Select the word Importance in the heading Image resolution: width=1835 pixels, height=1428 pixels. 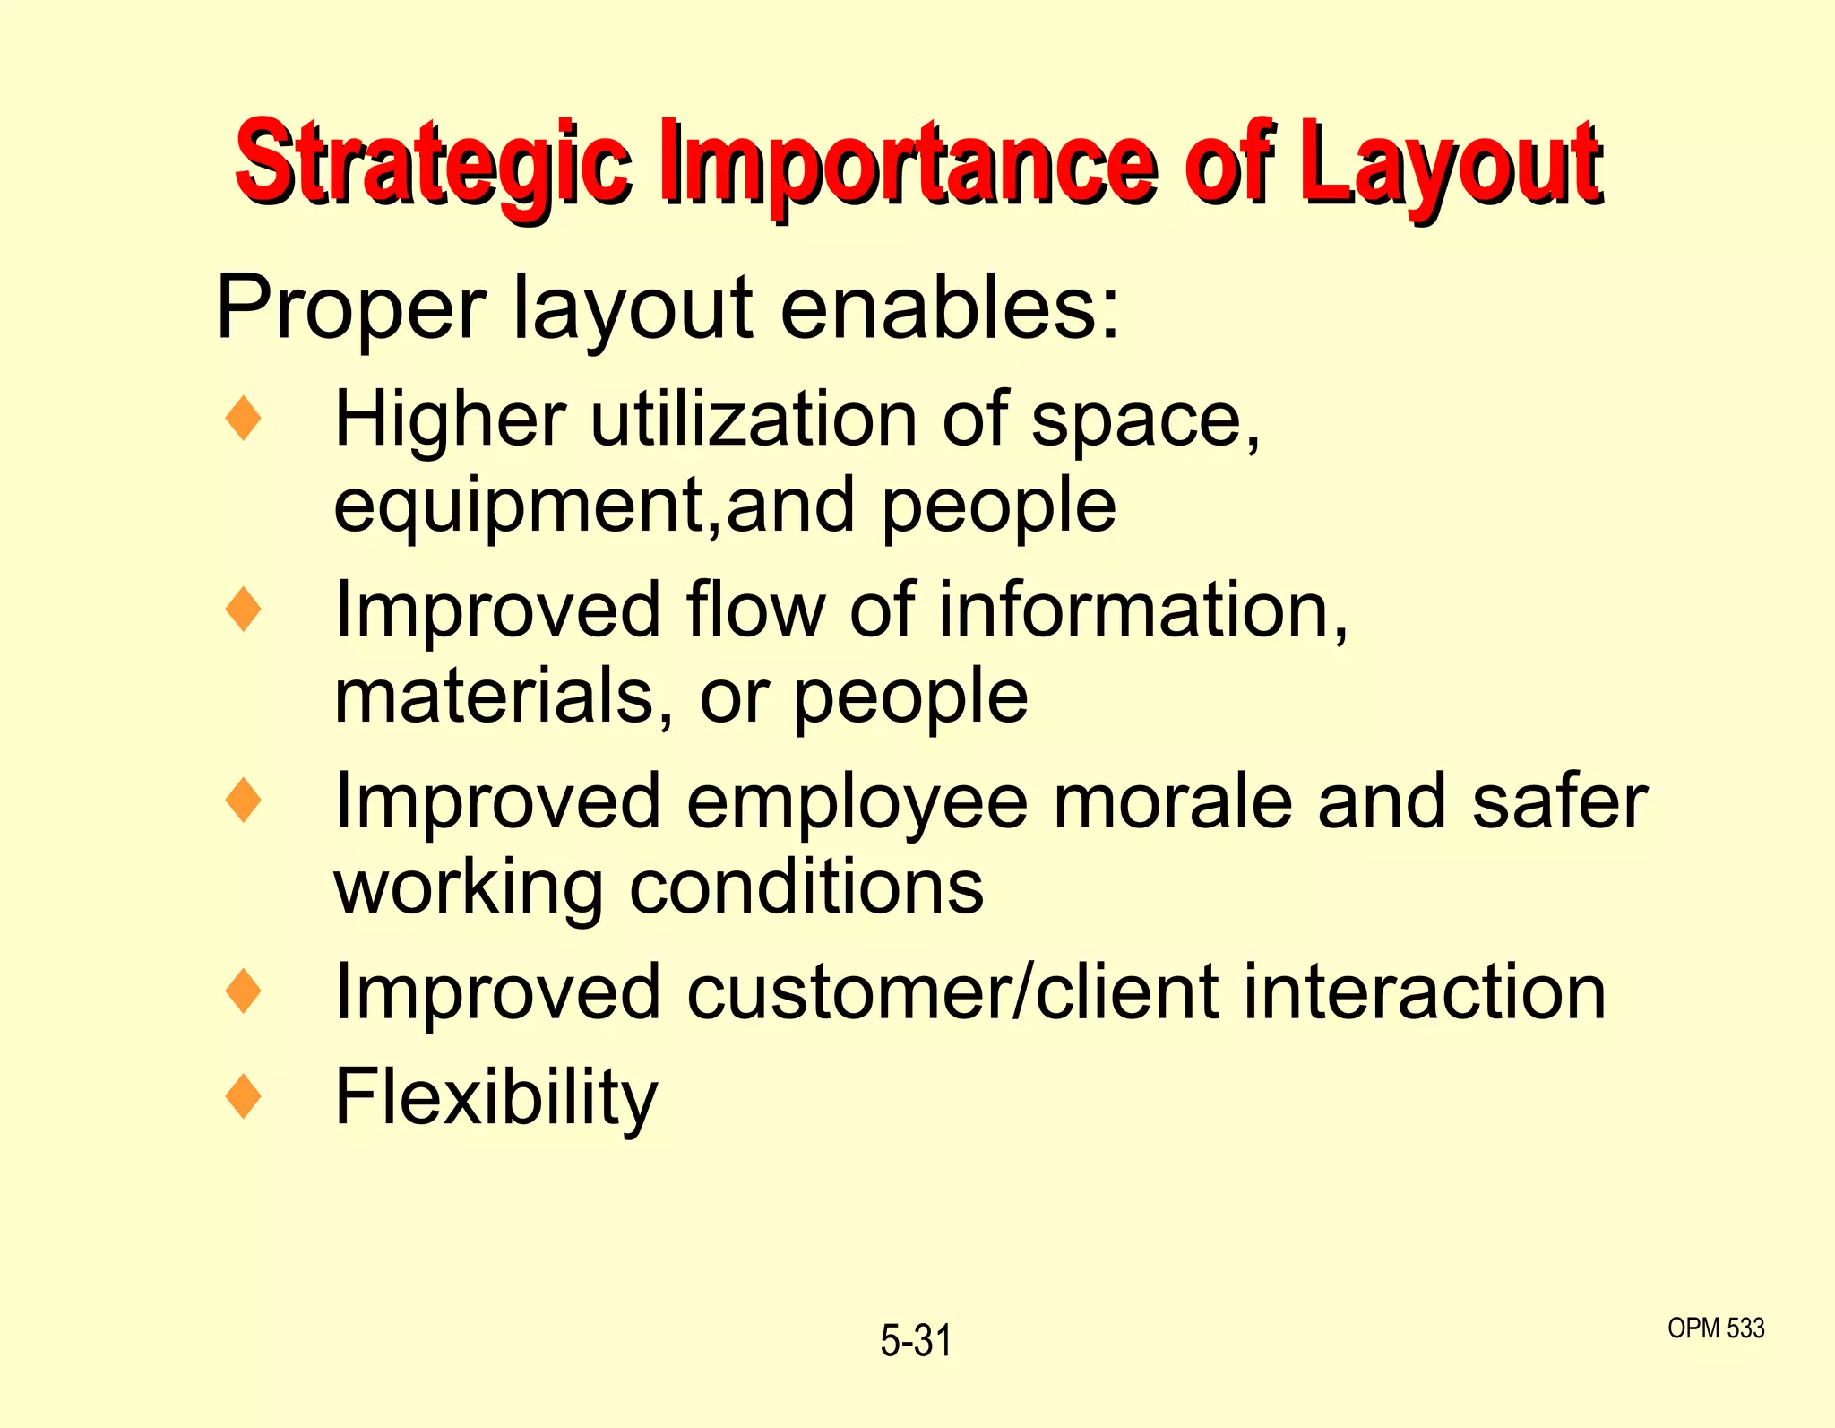(x=909, y=164)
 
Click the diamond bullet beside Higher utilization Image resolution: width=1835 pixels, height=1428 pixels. (x=244, y=419)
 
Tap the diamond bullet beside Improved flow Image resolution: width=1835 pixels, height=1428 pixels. (x=244, y=610)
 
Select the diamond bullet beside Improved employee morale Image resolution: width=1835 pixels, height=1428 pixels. (x=244, y=801)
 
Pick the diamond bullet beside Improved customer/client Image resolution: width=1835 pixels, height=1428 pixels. (x=244, y=991)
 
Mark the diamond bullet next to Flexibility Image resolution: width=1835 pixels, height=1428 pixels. (x=244, y=1096)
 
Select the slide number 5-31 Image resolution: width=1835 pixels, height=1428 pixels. (x=916, y=1341)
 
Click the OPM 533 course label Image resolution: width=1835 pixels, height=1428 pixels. (x=1716, y=1328)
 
